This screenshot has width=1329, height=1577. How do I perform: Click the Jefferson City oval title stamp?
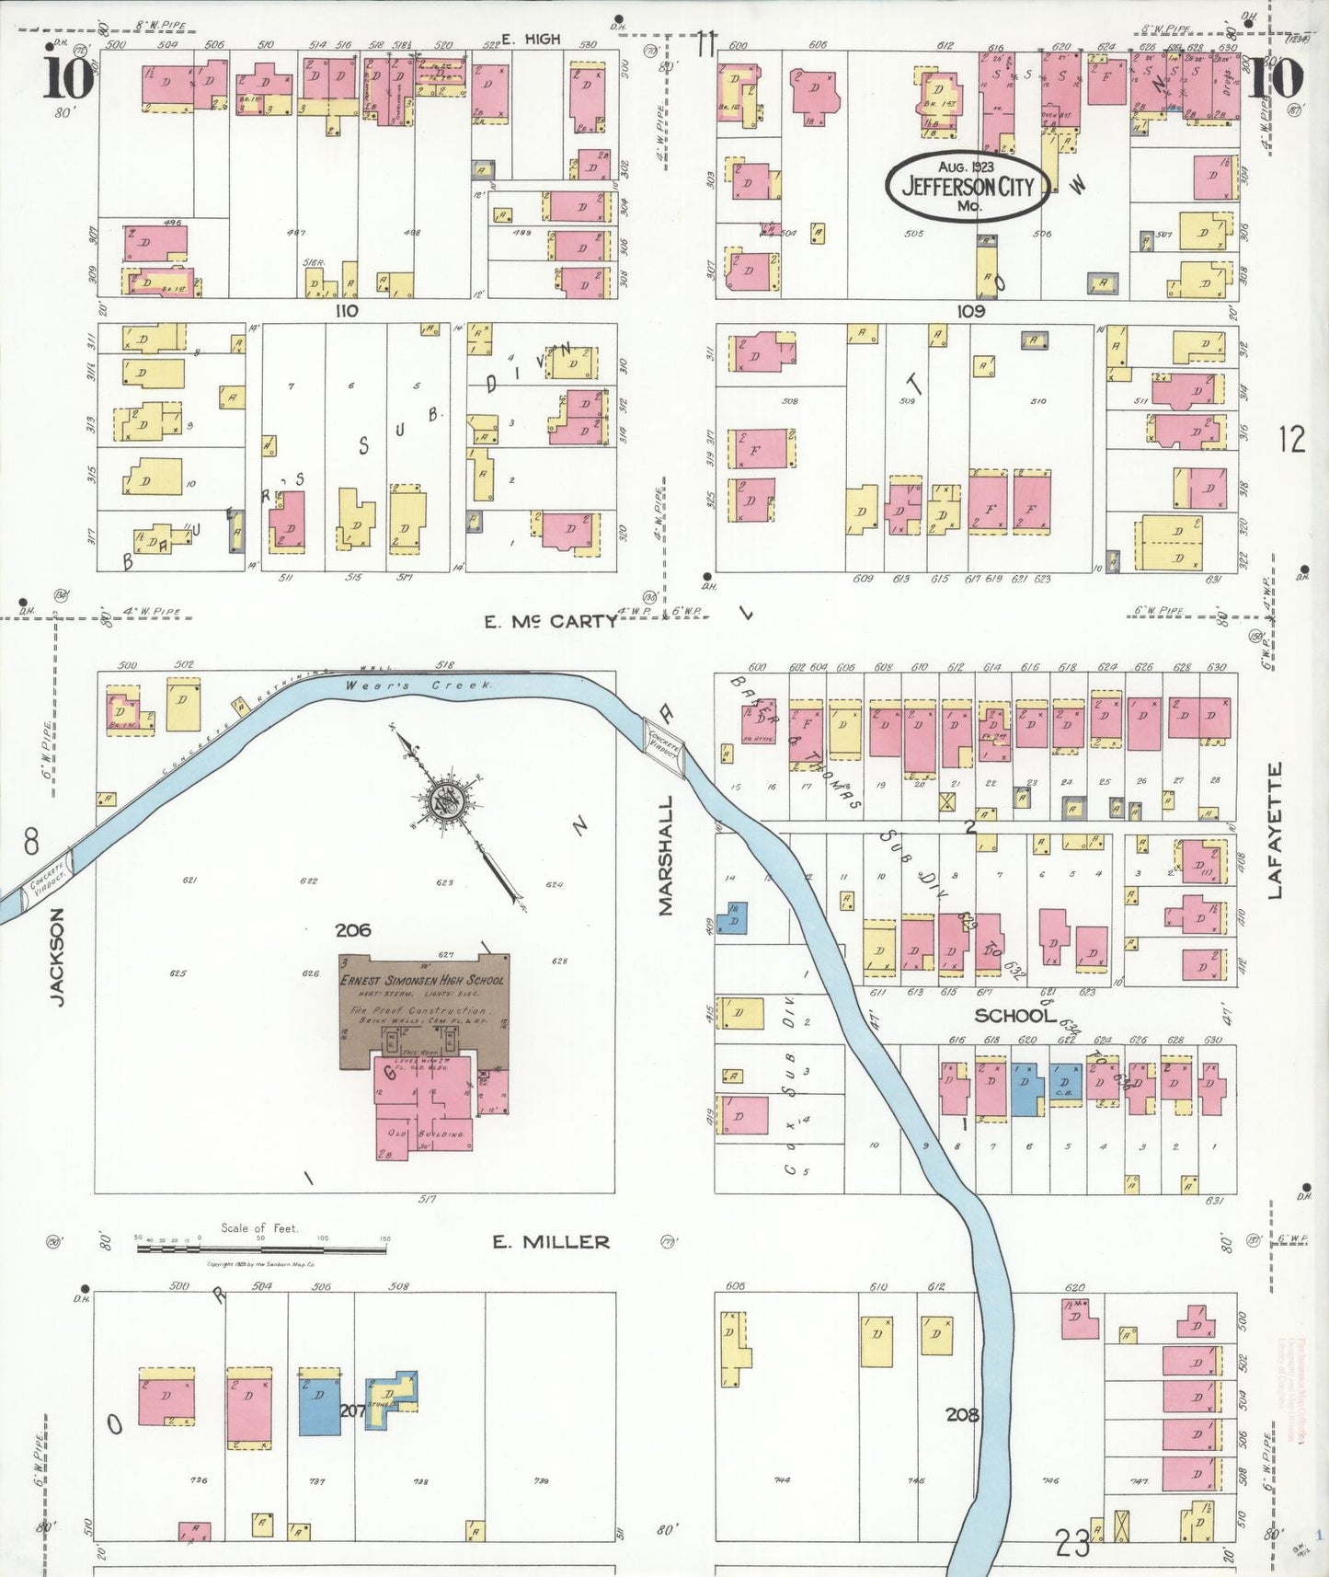968,186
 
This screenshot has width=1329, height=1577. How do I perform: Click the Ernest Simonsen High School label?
423,980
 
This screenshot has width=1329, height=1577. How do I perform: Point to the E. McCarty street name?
551,622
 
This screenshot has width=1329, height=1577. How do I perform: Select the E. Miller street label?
551,1242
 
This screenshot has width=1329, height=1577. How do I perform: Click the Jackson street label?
57,957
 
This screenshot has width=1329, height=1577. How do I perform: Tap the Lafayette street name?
1275,831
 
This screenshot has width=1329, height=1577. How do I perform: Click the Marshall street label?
666,856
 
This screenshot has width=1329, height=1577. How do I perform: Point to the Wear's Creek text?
419,686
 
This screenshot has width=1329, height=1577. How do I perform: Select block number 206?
353,930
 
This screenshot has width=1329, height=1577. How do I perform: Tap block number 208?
962,1414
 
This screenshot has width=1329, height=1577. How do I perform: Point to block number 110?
346,311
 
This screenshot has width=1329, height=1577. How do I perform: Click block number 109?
971,311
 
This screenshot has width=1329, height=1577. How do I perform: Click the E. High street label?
531,40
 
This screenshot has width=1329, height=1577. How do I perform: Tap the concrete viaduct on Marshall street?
663,746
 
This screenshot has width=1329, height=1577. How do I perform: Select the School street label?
1014,1015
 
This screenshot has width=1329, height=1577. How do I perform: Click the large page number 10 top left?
68,78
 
